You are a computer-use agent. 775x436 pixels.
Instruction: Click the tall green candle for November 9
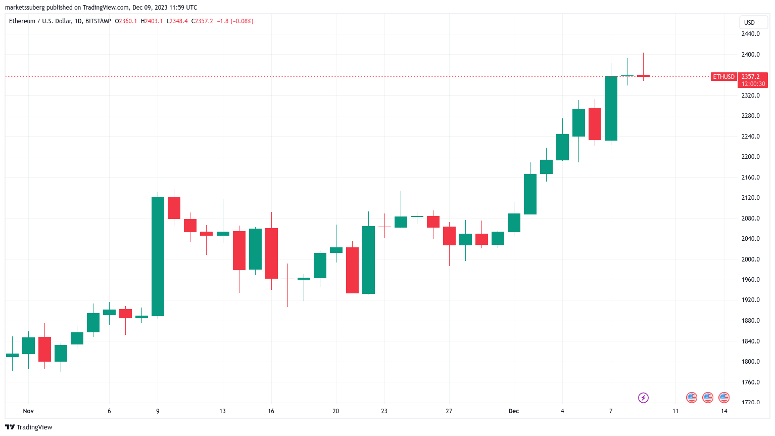158,256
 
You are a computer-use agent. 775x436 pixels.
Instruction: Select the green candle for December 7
611,108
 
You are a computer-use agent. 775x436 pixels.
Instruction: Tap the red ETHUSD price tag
723,77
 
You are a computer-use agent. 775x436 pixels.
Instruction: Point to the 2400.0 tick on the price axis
750,55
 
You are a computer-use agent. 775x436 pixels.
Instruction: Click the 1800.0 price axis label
750,362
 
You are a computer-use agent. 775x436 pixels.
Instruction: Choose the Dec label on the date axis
513,411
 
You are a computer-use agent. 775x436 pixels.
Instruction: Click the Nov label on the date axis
28,411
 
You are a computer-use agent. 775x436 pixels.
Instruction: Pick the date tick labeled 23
384,411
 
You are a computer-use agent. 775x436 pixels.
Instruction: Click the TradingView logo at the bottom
29,427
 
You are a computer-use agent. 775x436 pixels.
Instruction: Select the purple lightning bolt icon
643,398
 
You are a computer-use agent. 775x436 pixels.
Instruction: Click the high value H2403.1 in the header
152,21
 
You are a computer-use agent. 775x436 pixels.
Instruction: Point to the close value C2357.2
202,21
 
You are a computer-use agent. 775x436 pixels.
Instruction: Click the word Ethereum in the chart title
22,21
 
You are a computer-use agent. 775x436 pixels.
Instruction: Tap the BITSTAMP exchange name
98,21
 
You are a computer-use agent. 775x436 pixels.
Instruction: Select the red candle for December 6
595,124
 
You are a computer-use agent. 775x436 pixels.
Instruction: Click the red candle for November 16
271,253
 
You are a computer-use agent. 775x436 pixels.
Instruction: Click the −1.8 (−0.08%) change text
235,21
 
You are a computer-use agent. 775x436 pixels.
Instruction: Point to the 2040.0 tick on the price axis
750,239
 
